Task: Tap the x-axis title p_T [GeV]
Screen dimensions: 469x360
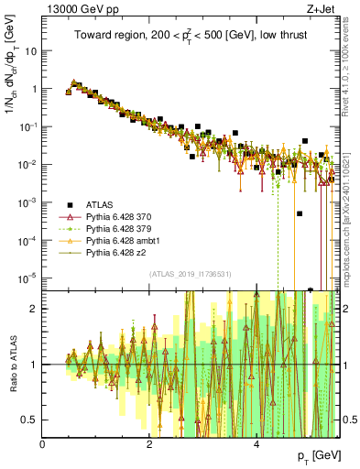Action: (314, 456)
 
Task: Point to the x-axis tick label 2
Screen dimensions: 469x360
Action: (149, 443)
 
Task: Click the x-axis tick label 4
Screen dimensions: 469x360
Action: (256, 443)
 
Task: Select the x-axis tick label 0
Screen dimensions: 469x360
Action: (43, 443)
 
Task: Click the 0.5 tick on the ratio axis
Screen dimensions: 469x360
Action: (30, 420)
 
